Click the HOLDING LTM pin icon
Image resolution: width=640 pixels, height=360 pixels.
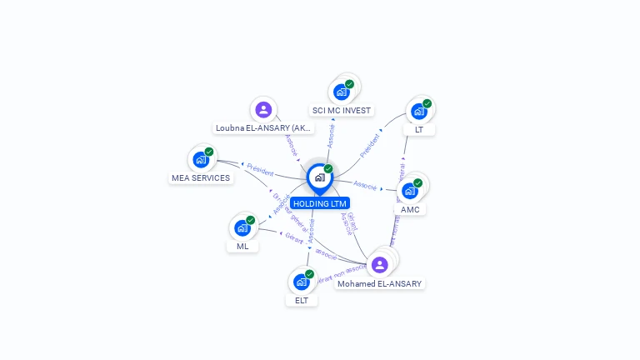[x=319, y=177]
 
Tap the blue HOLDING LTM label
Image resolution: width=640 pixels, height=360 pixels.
[x=320, y=203]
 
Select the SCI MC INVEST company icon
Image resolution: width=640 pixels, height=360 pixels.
[x=341, y=92]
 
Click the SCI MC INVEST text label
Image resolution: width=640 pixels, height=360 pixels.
[x=342, y=110]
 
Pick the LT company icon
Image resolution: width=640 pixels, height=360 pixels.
[x=418, y=111]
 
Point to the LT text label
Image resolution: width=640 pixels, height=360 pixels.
[x=419, y=129]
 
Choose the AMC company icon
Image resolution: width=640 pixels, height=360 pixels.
[x=409, y=191]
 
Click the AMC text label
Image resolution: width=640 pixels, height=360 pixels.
[x=410, y=209]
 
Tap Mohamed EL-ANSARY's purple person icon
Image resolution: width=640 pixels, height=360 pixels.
[x=380, y=265]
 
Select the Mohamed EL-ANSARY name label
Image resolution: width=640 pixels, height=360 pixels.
[x=380, y=283]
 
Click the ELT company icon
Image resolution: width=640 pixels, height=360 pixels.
[x=301, y=282]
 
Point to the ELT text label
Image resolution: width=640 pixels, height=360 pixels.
[x=302, y=300]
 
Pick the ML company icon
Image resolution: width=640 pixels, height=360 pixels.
[x=242, y=227]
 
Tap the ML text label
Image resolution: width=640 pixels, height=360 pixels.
[x=242, y=246]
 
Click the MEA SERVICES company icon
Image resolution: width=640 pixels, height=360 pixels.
[x=201, y=159]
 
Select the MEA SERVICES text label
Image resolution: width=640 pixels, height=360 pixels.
[x=201, y=177]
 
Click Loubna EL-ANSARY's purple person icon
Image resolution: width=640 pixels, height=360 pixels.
[x=263, y=109]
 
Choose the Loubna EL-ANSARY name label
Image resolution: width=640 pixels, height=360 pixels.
[x=263, y=128]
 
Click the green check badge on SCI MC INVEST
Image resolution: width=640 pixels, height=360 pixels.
[x=349, y=84]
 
